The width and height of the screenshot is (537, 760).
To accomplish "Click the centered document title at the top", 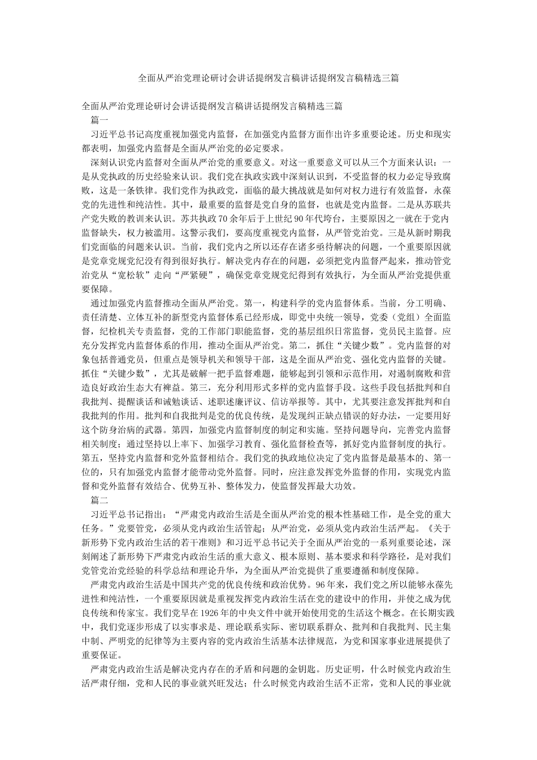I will (x=268, y=78).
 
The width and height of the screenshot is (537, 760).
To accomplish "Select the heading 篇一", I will (x=99, y=120).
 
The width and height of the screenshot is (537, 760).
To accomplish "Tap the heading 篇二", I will (x=99, y=500).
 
